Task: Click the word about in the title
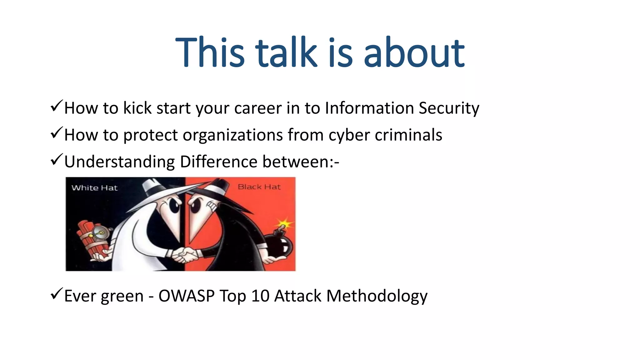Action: [x=414, y=52]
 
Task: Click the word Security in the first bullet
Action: [x=449, y=108]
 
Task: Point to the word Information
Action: [x=369, y=108]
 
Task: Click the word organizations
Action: [x=232, y=135]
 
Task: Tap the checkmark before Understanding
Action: [x=57, y=160]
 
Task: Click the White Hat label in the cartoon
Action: [x=94, y=188]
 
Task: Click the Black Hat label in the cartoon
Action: [x=259, y=187]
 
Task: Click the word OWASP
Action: [x=186, y=296]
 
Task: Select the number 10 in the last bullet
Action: [x=260, y=296]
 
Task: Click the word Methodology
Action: [x=377, y=296]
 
